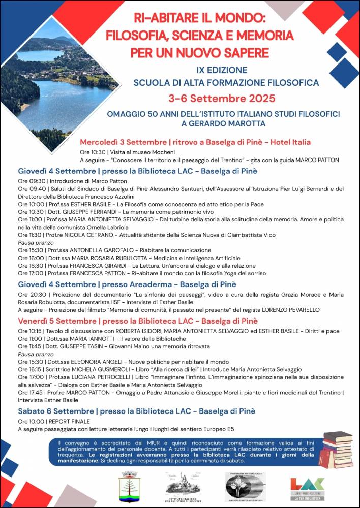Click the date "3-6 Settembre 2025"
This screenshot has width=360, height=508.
point(222,98)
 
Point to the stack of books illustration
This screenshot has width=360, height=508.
point(337,450)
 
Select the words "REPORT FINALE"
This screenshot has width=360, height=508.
point(69,421)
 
